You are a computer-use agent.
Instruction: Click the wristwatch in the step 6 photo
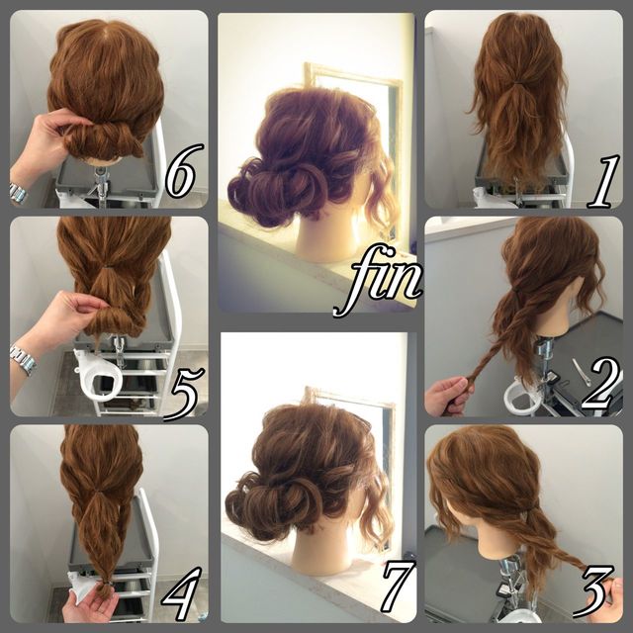[18, 193]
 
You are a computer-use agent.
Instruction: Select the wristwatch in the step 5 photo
[23, 360]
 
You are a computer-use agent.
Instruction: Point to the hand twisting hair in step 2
[447, 396]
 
